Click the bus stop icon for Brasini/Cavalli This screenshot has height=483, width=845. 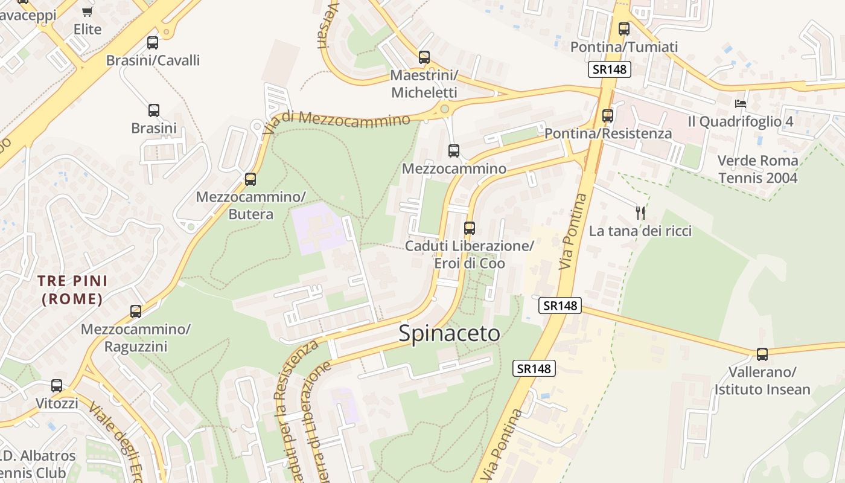coord(153,43)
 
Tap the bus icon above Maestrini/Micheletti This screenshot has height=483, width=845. coord(424,57)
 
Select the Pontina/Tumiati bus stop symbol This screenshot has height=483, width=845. coord(624,28)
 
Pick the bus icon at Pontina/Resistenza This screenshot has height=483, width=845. coord(608,115)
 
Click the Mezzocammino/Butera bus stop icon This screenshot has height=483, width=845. coord(250,179)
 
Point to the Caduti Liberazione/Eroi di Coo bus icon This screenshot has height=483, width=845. coord(470,228)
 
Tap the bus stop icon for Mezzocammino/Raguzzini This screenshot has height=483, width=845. coord(136,312)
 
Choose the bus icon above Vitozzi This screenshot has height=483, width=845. coord(57,385)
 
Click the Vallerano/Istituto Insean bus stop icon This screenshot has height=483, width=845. coord(762,354)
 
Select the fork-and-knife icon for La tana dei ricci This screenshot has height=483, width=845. coord(640,213)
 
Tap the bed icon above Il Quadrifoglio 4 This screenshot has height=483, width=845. coord(741,103)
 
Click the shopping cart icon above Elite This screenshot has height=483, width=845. coord(88,11)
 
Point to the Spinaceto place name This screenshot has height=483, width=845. coord(449,333)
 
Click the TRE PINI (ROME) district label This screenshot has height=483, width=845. coord(72,290)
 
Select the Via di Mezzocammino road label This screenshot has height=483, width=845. coord(337,118)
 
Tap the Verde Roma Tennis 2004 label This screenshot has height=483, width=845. coord(757,169)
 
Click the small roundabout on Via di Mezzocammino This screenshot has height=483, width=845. coord(445,109)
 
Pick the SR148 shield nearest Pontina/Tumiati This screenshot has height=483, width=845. coord(610,69)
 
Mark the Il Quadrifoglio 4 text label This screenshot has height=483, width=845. coord(741,121)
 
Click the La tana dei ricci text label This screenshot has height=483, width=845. coord(640,231)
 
